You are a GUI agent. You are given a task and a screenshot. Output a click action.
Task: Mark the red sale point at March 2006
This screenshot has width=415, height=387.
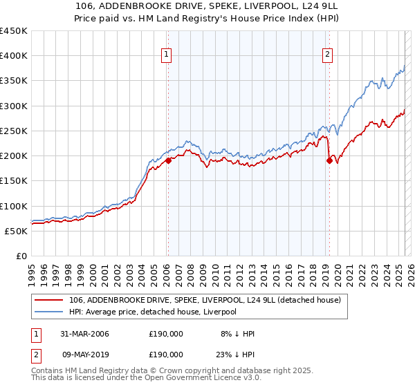[x=168, y=161]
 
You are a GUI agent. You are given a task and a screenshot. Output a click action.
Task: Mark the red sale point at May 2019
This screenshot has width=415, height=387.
[x=329, y=161]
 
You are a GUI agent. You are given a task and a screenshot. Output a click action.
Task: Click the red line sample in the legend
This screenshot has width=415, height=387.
[x=50, y=301]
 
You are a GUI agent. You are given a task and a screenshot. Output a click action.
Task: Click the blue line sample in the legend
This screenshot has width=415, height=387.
[x=50, y=312]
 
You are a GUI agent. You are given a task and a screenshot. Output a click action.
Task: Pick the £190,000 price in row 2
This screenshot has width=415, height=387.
[x=166, y=356]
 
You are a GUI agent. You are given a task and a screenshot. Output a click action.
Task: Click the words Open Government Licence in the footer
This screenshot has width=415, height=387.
[x=196, y=379]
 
